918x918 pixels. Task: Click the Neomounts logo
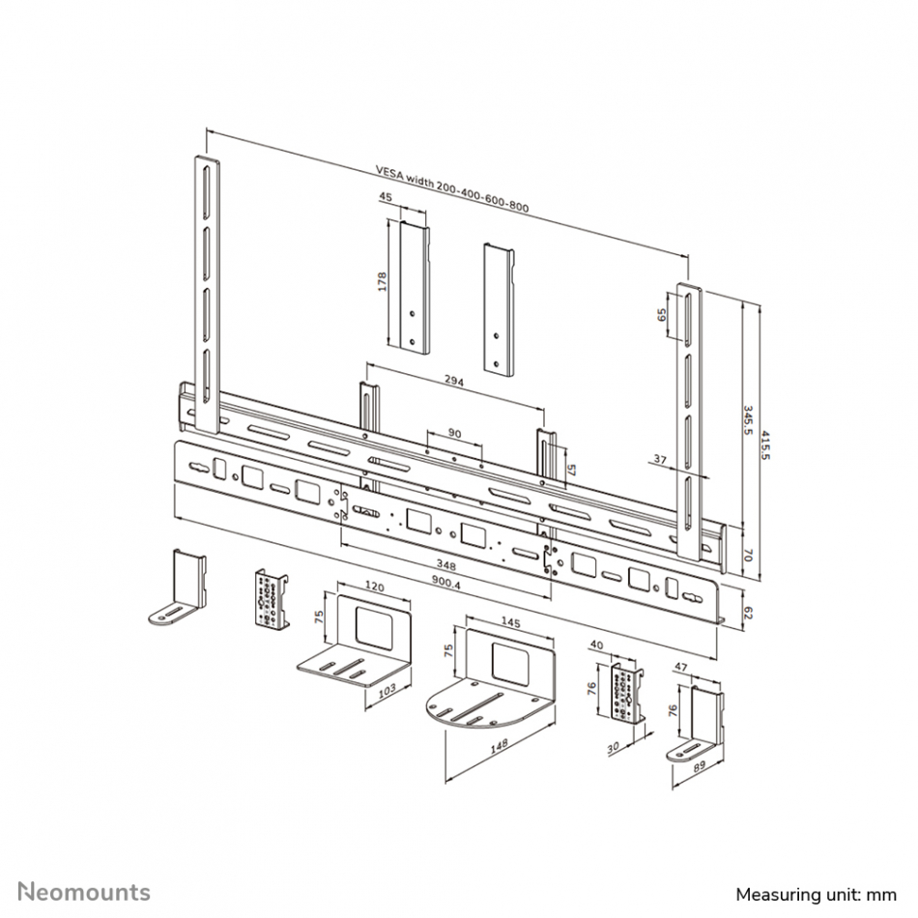point(84,892)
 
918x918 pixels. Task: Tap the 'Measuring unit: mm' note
point(817,895)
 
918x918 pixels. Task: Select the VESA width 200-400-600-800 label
point(452,189)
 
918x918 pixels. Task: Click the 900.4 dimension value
point(445,583)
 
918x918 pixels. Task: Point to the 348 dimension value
point(446,566)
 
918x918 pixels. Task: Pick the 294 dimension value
point(454,381)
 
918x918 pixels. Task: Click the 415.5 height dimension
point(765,445)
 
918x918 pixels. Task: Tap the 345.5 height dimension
point(748,419)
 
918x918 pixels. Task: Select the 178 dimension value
point(383,281)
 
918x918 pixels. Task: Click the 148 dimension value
point(499,744)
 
